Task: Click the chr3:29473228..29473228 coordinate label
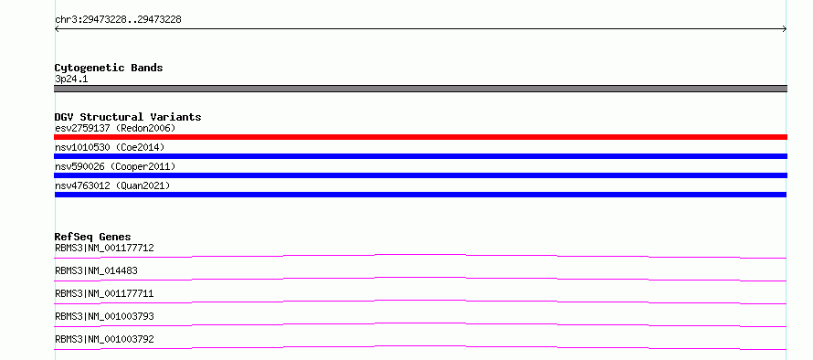pos(118,20)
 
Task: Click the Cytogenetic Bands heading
pos(109,68)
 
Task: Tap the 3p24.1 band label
pos(71,79)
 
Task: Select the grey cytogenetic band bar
pos(420,89)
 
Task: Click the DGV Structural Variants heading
pos(128,117)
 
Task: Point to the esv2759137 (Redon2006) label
pos(115,128)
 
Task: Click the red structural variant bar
pos(420,137)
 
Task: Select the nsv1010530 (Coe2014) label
pos(110,147)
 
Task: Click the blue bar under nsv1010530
pos(420,156)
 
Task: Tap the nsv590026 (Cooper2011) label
pos(115,166)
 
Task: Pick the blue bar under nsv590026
pos(420,175)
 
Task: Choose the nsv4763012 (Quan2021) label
pos(112,185)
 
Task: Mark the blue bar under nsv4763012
pos(420,195)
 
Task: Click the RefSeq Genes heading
pos(93,237)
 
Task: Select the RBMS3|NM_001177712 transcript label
pos(104,248)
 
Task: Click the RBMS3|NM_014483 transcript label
pos(96,270)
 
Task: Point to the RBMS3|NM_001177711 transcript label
pos(104,293)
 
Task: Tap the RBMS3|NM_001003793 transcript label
pos(104,316)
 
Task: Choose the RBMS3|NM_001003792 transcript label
pos(104,339)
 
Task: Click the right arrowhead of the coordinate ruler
pos(786,29)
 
